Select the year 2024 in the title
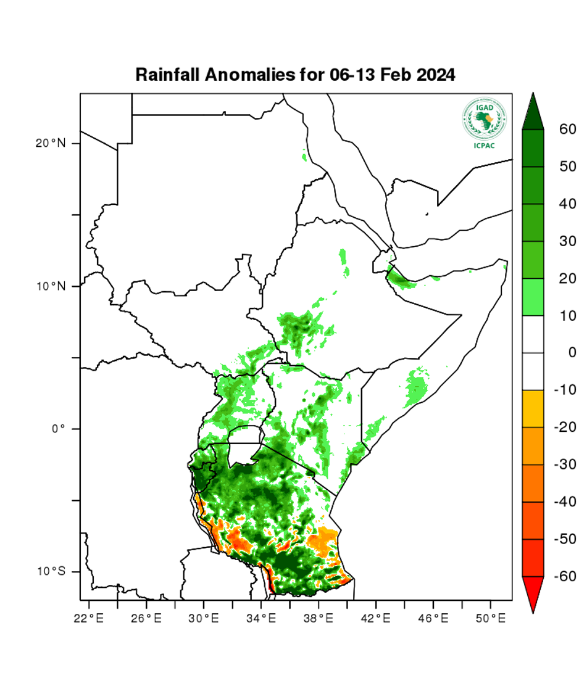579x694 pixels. [436, 75]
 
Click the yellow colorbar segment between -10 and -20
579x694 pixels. [533, 408]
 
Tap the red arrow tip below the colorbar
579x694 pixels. [533, 598]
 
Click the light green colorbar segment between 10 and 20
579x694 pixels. [533, 297]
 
